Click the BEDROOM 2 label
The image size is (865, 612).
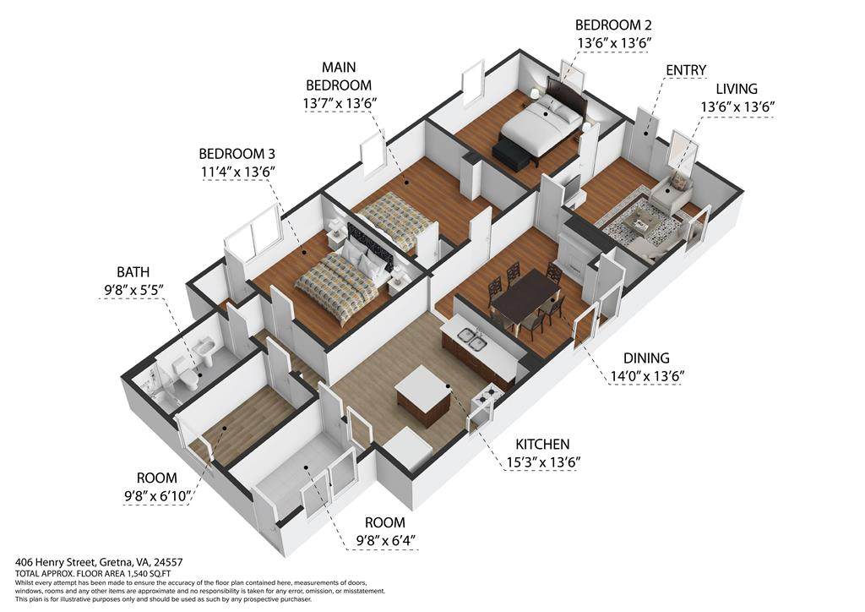pyautogui.click(x=613, y=25)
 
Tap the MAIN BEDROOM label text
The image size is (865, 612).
pyautogui.click(x=339, y=76)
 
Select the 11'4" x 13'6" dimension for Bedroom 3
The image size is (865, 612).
pyautogui.click(x=238, y=172)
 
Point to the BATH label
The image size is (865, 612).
pyautogui.click(x=133, y=272)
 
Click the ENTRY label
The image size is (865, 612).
pyautogui.click(x=686, y=70)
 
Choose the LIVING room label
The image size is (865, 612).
pyautogui.click(x=737, y=89)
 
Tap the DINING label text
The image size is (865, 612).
pyautogui.click(x=646, y=358)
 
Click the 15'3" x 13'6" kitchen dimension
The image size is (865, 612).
pyautogui.click(x=543, y=462)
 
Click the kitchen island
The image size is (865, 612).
pyautogui.click(x=423, y=393)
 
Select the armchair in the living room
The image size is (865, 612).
pyautogui.click(x=672, y=192)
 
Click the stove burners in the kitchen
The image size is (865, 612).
pyautogui.click(x=489, y=393)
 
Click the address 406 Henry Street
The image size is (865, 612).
pyautogui.click(x=99, y=562)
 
